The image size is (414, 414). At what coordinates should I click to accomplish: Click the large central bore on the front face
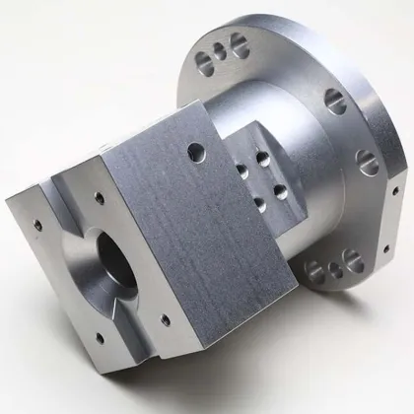click(116, 259)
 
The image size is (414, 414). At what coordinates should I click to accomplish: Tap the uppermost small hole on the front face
click(100, 198)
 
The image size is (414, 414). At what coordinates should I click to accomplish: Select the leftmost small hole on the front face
click(37, 224)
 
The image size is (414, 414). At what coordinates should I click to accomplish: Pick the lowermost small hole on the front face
click(101, 338)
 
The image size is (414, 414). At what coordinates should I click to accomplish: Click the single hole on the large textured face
click(196, 151)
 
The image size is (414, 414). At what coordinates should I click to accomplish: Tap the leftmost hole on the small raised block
click(242, 171)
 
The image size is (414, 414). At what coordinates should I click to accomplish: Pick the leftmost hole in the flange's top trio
click(203, 63)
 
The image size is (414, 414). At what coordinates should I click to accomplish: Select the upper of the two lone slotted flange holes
click(336, 100)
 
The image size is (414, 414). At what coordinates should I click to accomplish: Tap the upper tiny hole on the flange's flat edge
click(394, 187)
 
